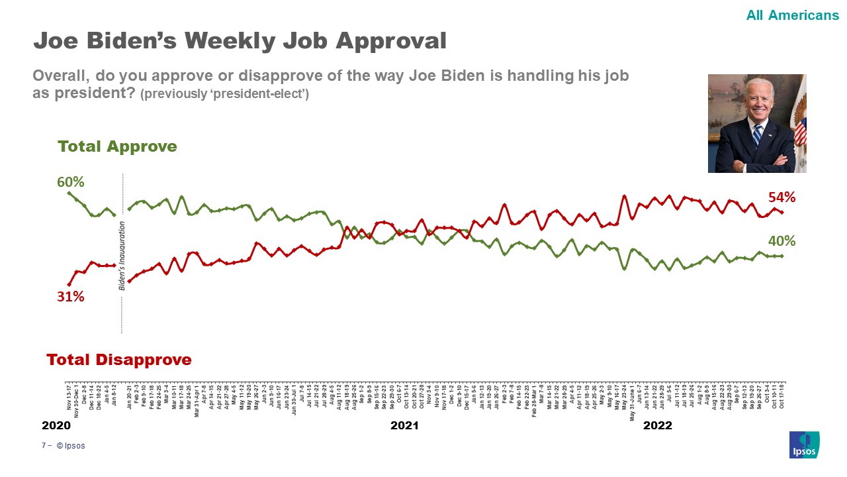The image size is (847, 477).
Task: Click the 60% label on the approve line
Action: click(x=70, y=182)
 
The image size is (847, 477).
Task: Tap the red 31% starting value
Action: click(x=70, y=297)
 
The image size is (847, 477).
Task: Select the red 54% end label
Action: click(x=781, y=197)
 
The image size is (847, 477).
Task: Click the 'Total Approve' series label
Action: click(x=117, y=146)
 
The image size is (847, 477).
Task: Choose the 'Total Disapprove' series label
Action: click(x=119, y=360)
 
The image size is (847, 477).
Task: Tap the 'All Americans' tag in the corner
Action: click(x=792, y=15)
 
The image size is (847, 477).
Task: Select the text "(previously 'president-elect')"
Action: click(x=224, y=94)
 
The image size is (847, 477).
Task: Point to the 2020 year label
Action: click(x=56, y=425)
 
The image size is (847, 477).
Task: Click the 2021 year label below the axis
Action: click(x=404, y=425)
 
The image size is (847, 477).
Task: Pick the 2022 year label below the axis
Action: click(x=658, y=425)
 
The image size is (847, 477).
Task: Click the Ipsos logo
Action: click(x=804, y=445)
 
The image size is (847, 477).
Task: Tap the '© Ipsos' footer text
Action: click(x=71, y=446)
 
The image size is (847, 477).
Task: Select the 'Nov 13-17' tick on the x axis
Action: click(x=69, y=396)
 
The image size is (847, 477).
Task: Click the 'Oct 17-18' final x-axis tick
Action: click(x=782, y=396)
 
